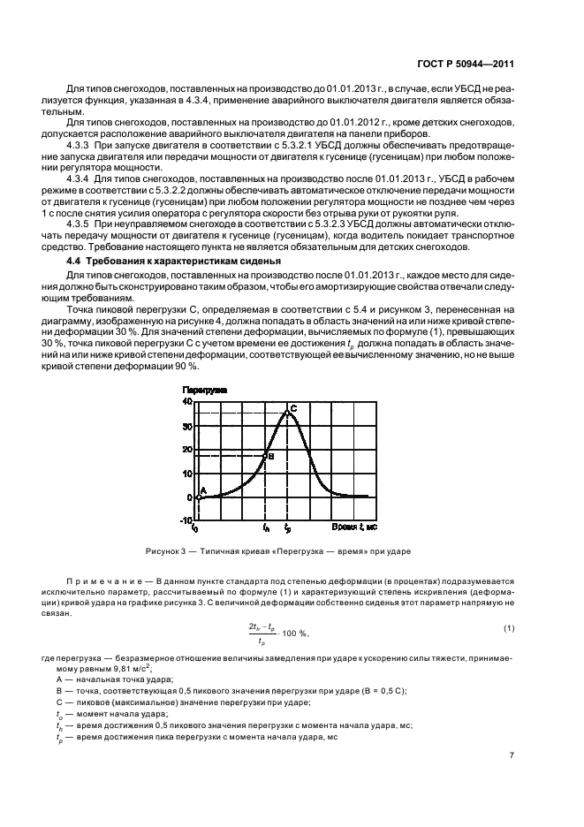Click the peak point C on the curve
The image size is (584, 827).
point(287,413)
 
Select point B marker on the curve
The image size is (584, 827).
point(266,456)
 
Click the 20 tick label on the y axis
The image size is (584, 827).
point(186,450)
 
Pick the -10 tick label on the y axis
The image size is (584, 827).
point(185,520)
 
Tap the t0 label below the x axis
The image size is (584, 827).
point(195,528)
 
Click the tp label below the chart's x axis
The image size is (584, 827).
point(287,528)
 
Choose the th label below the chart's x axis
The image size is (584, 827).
point(266,528)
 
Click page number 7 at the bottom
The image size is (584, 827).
point(512,754)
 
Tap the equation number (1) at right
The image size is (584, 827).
point(510,629)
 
